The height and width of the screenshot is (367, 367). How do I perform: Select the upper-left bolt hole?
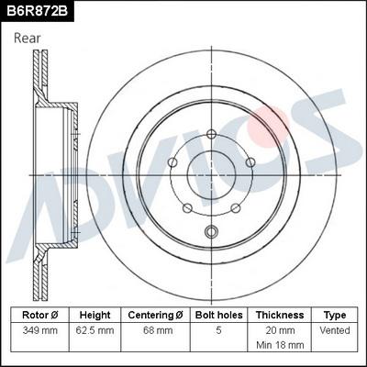(172, 162)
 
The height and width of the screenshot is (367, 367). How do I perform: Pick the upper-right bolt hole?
(250, 161)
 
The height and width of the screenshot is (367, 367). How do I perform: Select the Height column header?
(95, 315)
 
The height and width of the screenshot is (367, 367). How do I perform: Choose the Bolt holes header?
(217, 315)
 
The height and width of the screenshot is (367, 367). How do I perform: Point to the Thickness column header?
(279, 315)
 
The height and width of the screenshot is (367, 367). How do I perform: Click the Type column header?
(335, 315)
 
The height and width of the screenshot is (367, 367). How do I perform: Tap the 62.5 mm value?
(95, 329)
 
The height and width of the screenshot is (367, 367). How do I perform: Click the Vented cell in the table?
(335, 329)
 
